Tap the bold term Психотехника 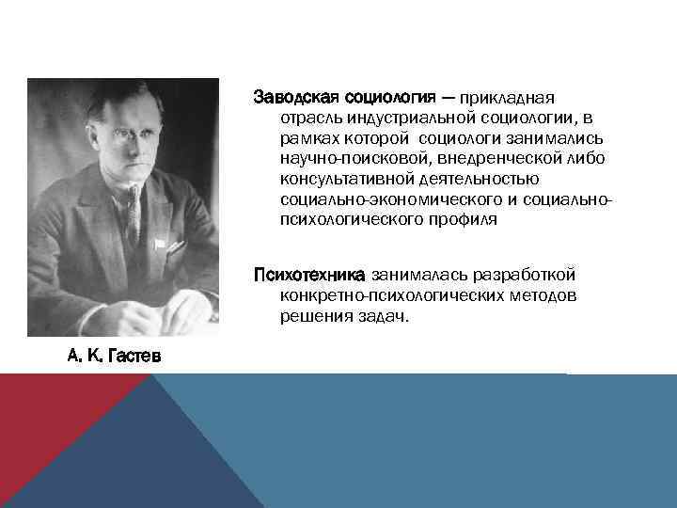pyautogui.click(x=309, y=275)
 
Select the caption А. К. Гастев pyautogui.click(x=114, y=356)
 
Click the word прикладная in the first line pyautogui.click(x=512, y=97)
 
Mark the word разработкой pyautogui.click(x=532, y=275)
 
